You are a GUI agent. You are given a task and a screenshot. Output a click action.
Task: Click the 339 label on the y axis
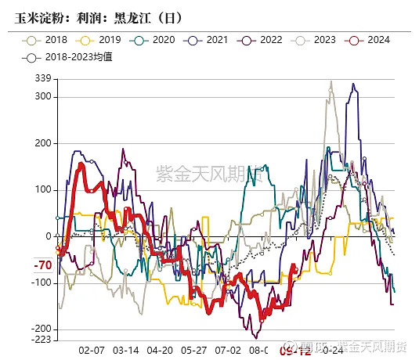43,78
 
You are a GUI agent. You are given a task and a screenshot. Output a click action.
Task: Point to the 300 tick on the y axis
43,96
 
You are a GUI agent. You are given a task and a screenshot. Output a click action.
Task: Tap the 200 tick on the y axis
43,143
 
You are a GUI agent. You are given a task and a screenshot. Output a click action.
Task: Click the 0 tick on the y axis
48,236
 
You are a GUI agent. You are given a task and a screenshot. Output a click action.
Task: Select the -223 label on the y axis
42,339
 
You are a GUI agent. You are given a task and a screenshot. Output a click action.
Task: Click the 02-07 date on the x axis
92,351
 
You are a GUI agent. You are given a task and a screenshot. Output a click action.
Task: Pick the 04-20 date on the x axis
160,351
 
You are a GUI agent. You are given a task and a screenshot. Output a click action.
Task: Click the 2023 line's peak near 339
331,81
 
